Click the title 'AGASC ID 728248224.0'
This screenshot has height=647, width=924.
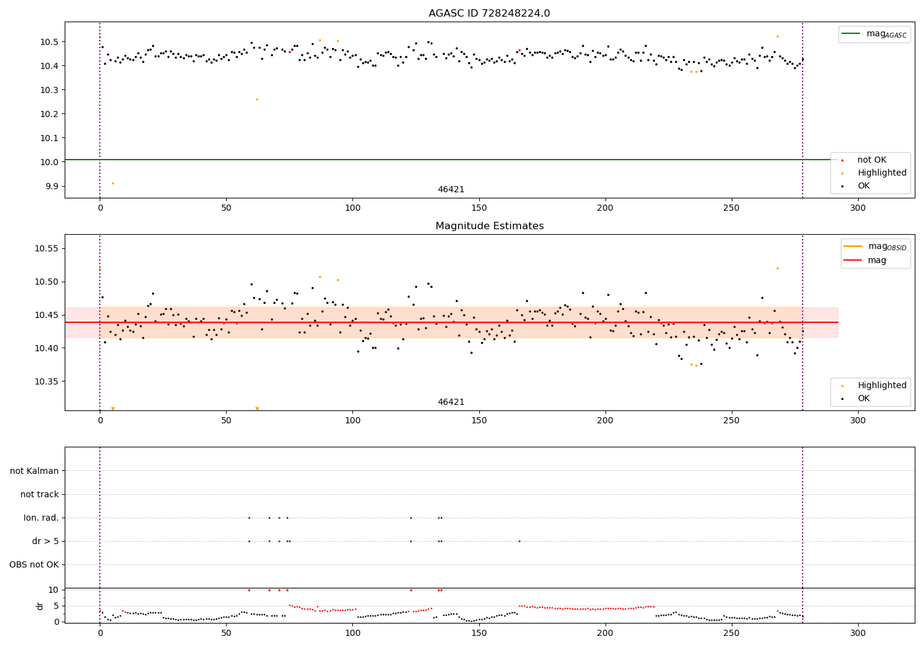[x=489, y=14]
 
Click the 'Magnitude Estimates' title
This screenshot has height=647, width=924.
[x=489, y=226]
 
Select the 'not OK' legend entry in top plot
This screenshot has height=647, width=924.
[x=871, y=160]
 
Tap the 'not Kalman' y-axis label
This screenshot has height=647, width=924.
[x=34, y=471]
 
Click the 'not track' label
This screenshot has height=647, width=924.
[x=39, y=494]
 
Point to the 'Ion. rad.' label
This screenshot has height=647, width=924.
[x=41, y=518]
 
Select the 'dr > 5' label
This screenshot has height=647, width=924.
[x=46, y=541]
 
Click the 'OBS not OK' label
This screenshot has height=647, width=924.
[x=34, y=564]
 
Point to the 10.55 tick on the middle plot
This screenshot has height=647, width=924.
[x=47, y=248]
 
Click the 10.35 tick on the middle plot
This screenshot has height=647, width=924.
[x=47, y=381]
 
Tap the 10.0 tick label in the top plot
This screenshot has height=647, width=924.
[x=49, y=162]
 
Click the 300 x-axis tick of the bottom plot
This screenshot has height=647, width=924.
[x=857, y=633]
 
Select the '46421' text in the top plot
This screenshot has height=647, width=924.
[x=451, y=190]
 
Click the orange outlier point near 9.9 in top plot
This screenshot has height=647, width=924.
[x=113, y=183]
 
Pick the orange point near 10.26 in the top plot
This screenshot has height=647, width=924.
[x=257, y=99]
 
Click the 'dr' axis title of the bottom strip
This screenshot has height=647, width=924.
[x=40, y=606]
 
